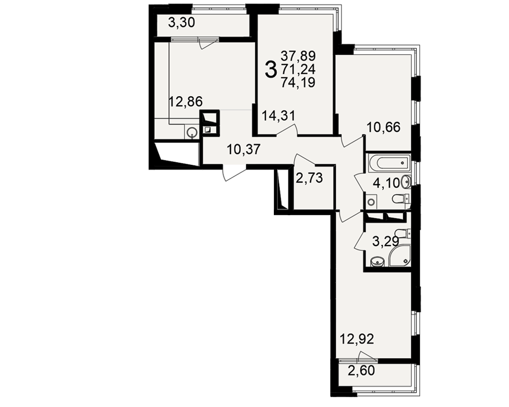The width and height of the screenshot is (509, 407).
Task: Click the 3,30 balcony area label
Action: [182, 23]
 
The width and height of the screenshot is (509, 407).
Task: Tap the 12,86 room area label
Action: [186, 102]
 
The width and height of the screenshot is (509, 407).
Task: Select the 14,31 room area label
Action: [278, 115]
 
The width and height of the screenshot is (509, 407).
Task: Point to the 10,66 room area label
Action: [383, 127]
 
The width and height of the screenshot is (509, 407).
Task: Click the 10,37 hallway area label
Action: [244, 150]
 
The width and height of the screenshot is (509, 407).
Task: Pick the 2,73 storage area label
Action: [309, 178]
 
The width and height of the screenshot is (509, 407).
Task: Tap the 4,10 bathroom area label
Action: [386, 183]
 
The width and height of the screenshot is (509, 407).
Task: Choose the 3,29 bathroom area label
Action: [385, 242]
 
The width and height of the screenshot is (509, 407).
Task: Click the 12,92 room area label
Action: [357, 339]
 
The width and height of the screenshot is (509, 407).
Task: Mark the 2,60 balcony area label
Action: [361, 370]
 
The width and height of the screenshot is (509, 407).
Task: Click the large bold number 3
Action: [271, 70]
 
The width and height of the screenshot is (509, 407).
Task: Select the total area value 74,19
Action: [298, 83]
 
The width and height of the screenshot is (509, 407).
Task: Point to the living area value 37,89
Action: [298, 56]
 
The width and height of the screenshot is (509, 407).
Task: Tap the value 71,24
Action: [298, 70]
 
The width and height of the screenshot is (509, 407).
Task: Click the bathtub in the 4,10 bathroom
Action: [388, 163]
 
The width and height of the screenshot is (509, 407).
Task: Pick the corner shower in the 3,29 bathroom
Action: [401, 256]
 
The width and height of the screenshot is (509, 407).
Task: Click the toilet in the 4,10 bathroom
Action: [401, 198]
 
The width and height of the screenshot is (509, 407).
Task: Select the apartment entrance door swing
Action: [234, 172]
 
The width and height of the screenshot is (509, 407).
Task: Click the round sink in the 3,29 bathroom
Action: [377, 261]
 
